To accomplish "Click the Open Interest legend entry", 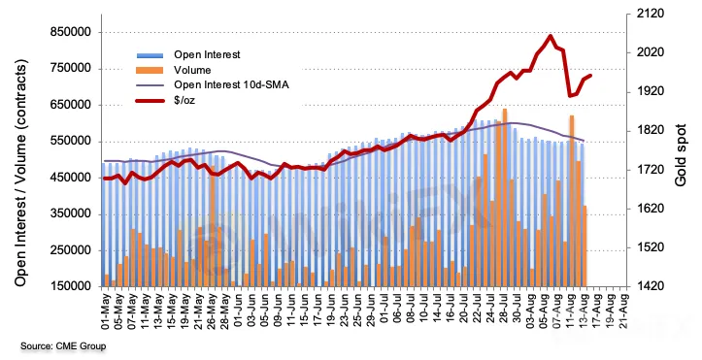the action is [x=207, y=54].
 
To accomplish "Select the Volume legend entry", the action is [x=192, y=70].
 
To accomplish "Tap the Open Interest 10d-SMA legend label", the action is [x=231, y=84].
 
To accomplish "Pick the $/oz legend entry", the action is [x=184, y=100].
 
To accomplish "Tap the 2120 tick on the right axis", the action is [x=651, y=14].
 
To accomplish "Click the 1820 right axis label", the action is [x=651, y=131].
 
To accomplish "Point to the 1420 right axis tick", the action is [x=651, y=286].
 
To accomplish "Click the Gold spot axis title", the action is [x=681, y=154].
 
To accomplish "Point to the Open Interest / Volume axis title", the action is [x=20, y=173].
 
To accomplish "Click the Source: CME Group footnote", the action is [x=63, y=346].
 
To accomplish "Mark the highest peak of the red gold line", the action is [x=551, y=36].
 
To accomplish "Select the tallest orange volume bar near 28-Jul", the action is [x=505, y=197].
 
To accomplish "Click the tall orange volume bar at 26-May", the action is [x=213, y=226].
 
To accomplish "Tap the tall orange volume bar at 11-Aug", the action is [x=572, y=201].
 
